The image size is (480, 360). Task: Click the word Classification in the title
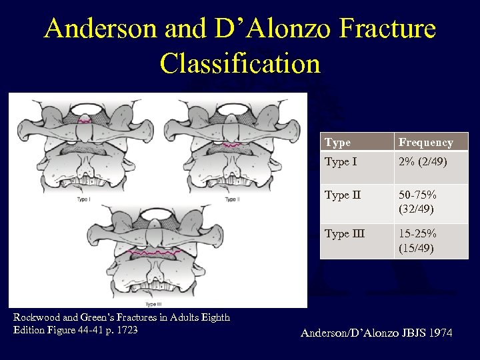[240, 63]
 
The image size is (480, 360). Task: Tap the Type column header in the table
[337, 142]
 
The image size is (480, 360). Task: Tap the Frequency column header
[425, 142]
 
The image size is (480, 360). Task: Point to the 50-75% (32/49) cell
[418, 201]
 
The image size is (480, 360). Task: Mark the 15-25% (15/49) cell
[418, 240]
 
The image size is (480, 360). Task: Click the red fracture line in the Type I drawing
[85, 121]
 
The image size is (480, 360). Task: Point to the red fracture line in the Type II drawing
[231, 144]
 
